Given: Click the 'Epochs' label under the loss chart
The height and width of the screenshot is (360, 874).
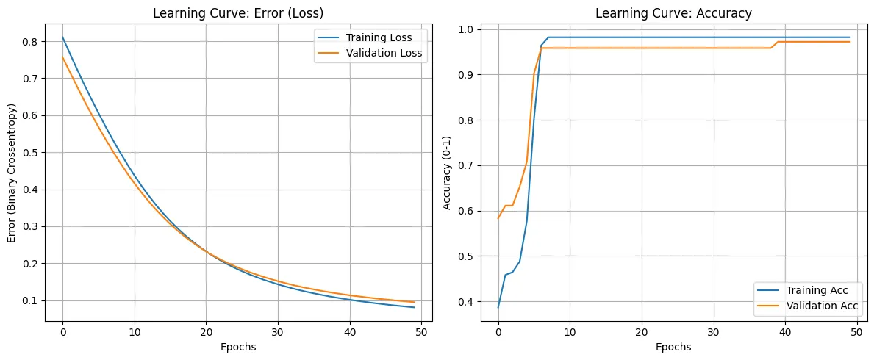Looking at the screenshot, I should click(x=239, y=347).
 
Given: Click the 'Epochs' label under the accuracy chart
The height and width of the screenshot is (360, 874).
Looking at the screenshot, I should click(x=674, y=347).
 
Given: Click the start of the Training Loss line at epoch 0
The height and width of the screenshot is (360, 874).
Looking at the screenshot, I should click(x=62, y=37).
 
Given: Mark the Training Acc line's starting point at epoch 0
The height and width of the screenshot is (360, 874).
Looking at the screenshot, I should click(x=498, y=307).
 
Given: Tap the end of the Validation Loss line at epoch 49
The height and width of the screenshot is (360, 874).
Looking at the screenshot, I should click(x=415, y=302).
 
